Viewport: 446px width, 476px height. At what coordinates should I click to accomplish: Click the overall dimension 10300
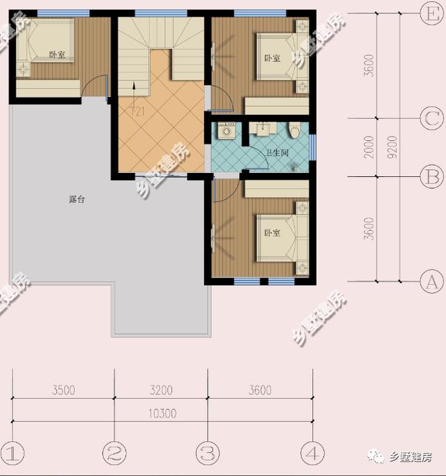162,413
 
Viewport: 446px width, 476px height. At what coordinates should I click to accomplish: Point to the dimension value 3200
161,390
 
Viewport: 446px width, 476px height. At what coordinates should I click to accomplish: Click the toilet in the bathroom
295,130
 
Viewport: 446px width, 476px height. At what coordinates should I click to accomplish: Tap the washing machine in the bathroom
226,132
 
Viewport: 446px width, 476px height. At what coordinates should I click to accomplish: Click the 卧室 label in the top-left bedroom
57,54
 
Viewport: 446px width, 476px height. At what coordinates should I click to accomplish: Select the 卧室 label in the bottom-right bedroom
272,233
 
